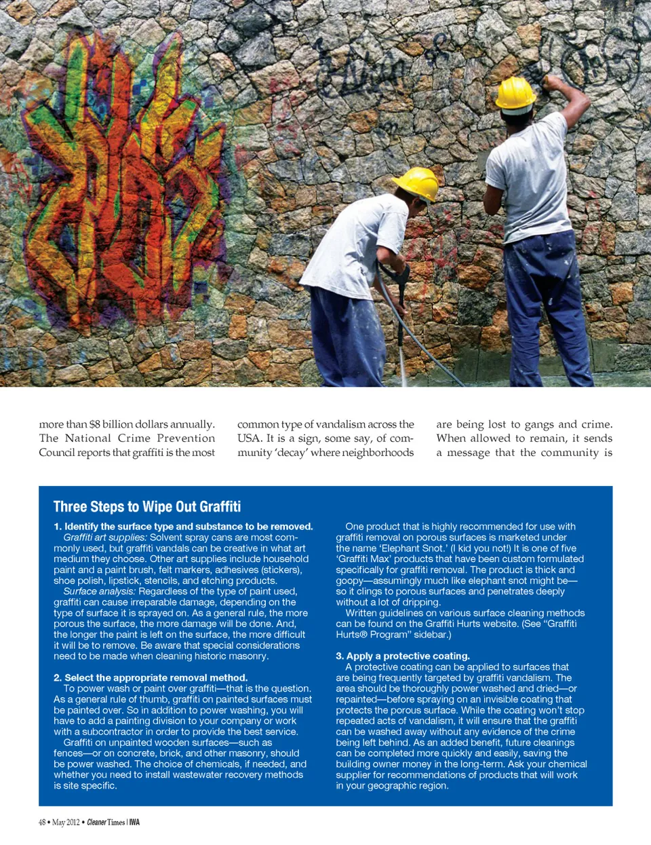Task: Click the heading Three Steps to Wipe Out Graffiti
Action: tap(147, 506)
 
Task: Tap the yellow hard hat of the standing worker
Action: tap(515, 93)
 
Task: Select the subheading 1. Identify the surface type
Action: tap(183, 527)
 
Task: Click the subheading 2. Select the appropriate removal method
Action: tap(151, 677)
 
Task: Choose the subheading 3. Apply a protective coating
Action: tap(403, 656)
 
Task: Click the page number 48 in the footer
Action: tap(42, 823)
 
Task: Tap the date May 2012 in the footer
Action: tap(66, 823)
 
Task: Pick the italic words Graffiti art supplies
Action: tap(105, 538)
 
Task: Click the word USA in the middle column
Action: tap(248, 438)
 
